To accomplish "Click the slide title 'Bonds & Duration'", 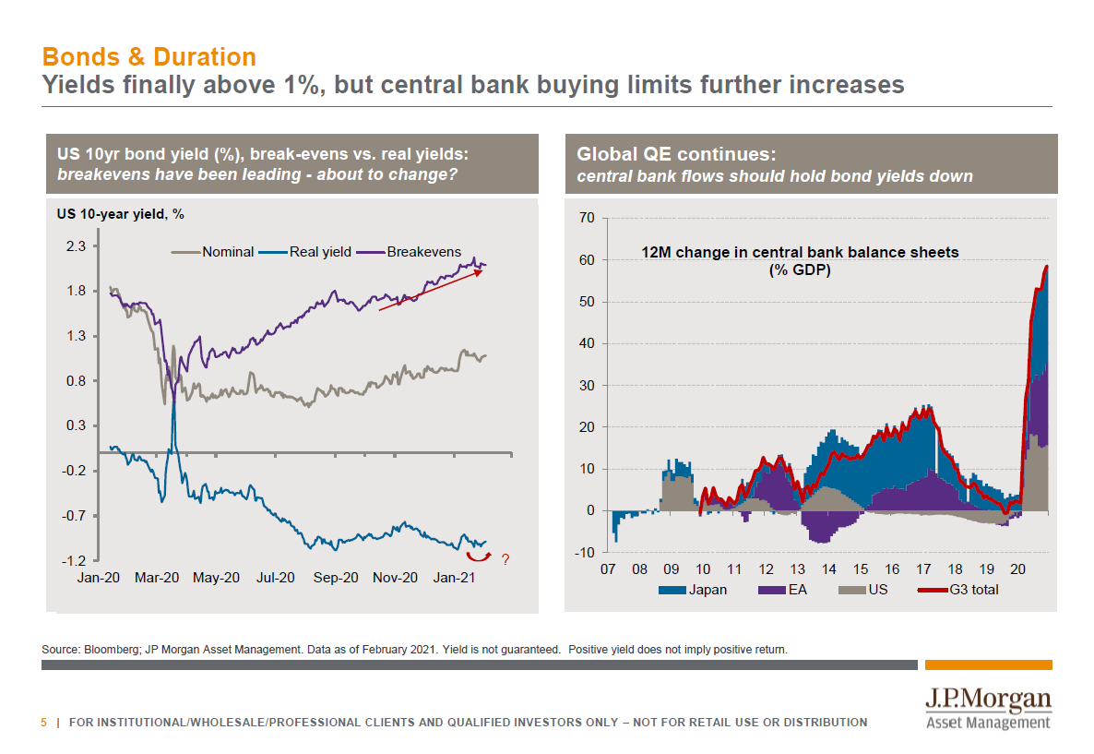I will (x=149, y=57).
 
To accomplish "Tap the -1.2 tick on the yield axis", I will (x=74, y=560).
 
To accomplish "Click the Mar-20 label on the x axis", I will (x=156, y=578).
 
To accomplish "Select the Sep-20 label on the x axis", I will (x=335, y=578).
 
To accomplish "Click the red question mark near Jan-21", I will (x=505, y=559).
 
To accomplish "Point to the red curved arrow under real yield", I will (x=477, y=556).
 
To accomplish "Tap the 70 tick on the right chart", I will (x=588, y=218).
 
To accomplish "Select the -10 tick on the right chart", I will (x=586, y=553).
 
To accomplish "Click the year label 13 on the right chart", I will (x=797, y=568).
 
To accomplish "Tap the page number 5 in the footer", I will (x=43, y=722).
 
